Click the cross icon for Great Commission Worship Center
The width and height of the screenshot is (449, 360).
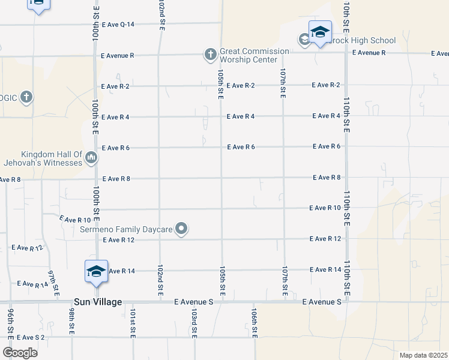[x=210, y=55]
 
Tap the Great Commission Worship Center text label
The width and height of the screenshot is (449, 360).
[x=249, y=55]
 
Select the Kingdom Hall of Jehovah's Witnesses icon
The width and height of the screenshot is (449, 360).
[x=91, y=158]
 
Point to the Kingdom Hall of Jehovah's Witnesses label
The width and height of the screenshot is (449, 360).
[x=51, y=158]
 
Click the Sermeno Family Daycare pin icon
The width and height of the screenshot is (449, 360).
[x=182, y=229]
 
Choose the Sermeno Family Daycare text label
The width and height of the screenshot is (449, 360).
[x=127, y=229]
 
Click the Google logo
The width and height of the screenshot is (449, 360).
[x=20, y=352]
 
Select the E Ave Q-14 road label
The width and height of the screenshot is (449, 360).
[x=118, y=25]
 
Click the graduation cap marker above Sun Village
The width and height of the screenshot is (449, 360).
[x=96, y=271]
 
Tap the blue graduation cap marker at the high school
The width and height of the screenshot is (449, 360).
[x=320, y=32]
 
